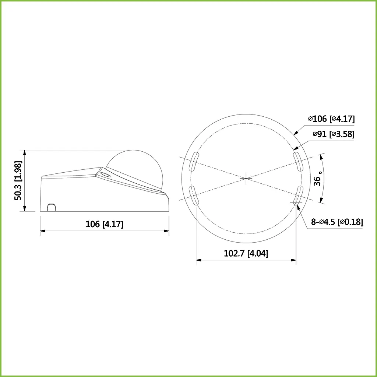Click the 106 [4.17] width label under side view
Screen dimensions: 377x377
105,224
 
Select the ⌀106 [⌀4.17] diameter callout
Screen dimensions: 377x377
331,119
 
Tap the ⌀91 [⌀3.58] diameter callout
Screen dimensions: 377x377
334,134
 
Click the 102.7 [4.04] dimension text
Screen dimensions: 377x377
246,253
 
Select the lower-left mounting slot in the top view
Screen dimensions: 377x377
194,195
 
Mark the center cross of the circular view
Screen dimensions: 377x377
246,178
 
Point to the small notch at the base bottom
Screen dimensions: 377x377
52,207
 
